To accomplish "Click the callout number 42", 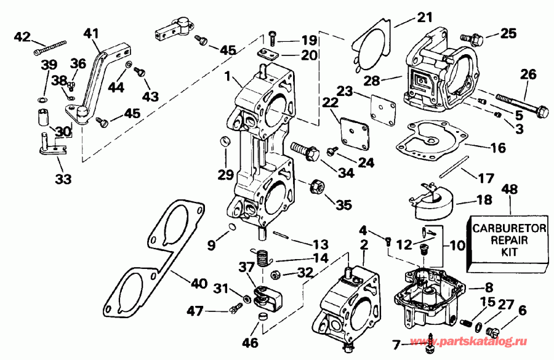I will click(22, 36).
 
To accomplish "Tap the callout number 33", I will click(63, 180).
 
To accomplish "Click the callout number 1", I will click(228, 79).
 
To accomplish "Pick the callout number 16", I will click(497, 148).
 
